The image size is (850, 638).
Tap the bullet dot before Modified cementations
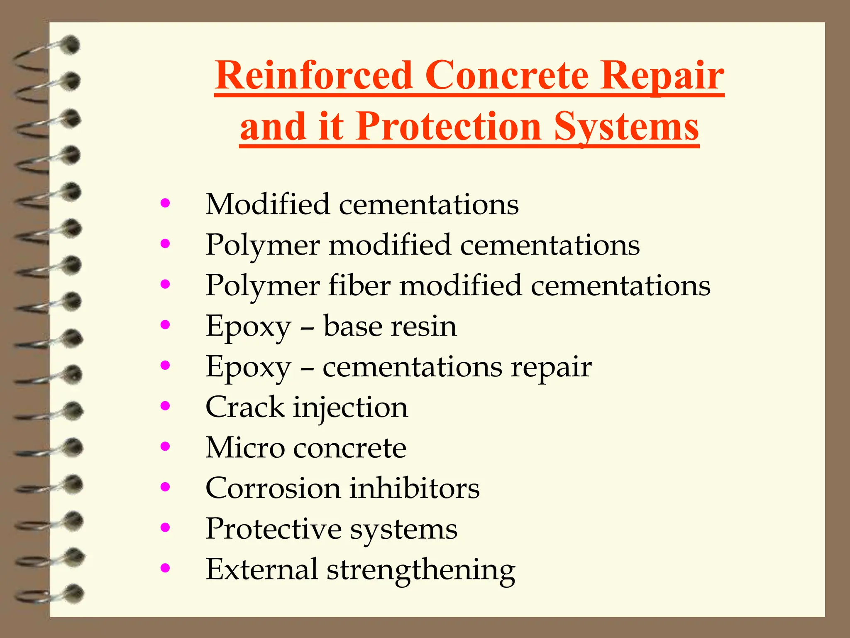click(x=165, y=203)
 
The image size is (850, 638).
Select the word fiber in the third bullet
click(x=360, y=286)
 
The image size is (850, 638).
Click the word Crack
click(x=245, y=407)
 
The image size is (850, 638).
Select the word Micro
click(x=245, y=448)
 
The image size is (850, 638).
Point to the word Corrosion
click(x=273, y=488)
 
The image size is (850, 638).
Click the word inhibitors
click(x=414, y=488)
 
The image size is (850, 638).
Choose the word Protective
click(x=274, y=529)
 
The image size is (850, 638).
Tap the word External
click(x=262, y=569)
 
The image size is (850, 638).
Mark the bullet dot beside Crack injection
click(x=165, y=406)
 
